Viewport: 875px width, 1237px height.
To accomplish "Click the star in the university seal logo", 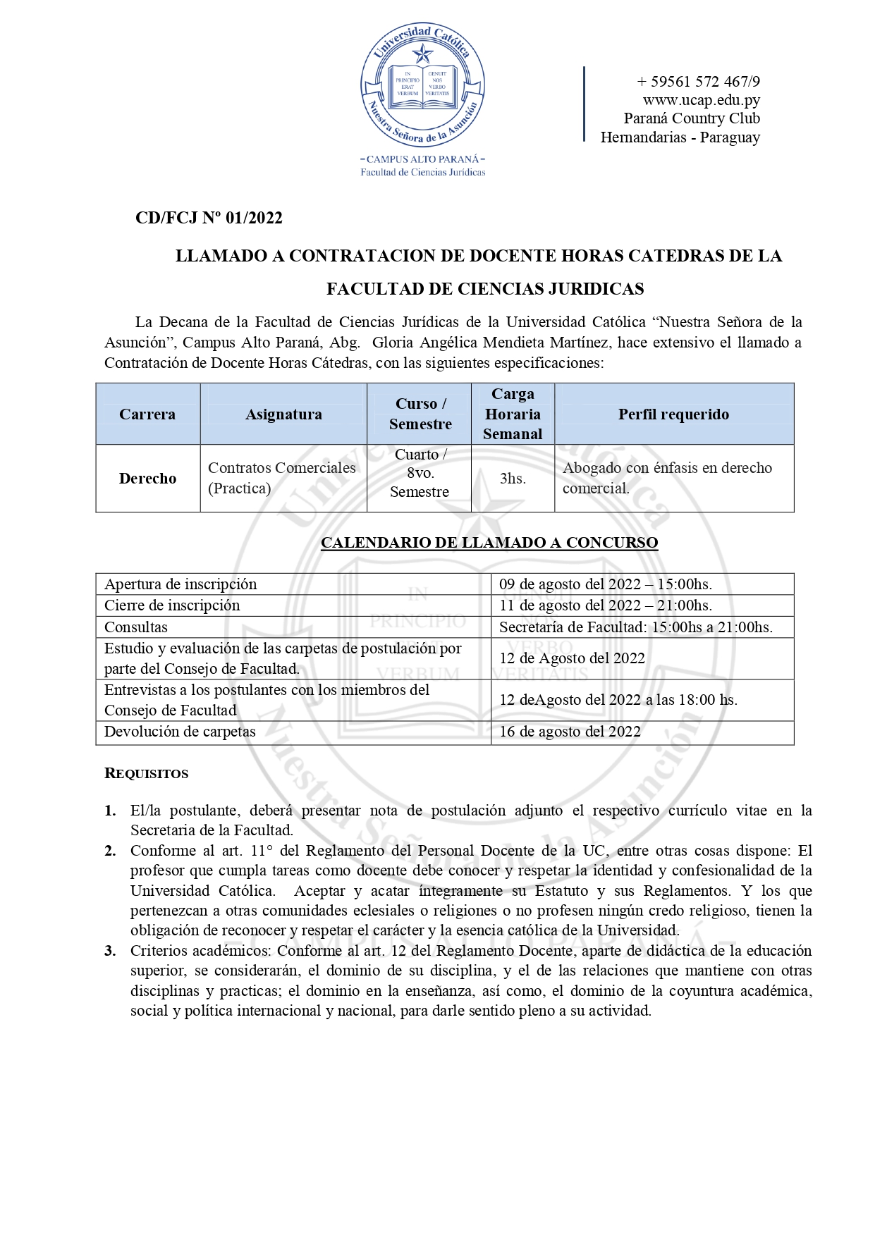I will point(422,54).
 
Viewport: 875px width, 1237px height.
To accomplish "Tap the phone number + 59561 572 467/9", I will point(698,81).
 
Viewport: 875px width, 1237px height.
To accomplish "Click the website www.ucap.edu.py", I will point(701,100).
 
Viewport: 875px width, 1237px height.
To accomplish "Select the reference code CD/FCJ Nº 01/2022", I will point(209,218).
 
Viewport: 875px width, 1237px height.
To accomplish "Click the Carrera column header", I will point(147,414).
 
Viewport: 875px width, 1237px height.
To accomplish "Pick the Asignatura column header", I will point(283,414).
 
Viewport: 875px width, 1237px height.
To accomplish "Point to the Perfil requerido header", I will point(673,414).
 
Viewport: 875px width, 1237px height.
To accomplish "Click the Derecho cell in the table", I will point(147,479).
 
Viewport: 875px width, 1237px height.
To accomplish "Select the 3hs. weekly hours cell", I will point(513,479).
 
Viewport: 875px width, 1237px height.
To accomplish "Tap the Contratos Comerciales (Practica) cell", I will point(282,478).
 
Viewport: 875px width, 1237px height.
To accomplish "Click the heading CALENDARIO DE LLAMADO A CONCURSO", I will point(489,543).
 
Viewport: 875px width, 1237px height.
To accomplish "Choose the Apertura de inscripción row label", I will point(180,584).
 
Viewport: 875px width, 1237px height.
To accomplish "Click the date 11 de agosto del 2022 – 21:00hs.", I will point(605,605).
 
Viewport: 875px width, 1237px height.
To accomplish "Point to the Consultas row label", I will point(136,627).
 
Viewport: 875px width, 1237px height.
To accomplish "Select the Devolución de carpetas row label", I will point(180,732).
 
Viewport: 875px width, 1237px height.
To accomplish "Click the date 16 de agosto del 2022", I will point(570,732).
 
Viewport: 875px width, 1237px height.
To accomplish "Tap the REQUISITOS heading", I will point(147,774).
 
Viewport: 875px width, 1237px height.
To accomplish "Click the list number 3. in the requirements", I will point(111,951).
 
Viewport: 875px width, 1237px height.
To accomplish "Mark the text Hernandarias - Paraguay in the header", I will point(680,137).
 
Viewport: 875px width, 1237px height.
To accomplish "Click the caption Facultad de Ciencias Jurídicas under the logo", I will point(423,172).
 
